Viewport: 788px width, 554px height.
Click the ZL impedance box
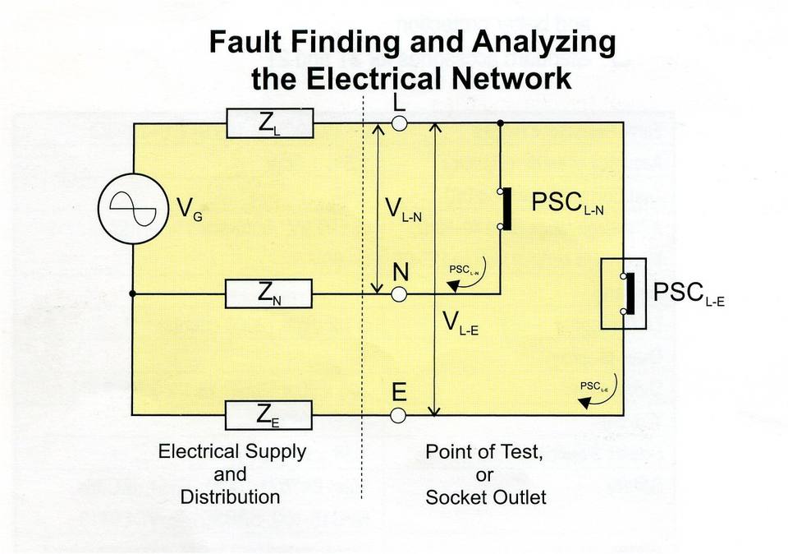coord(270,122)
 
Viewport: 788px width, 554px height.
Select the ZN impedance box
coord(269,293)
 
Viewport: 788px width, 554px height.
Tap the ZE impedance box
coord(268,415)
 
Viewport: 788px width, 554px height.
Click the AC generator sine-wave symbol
coord(133,209)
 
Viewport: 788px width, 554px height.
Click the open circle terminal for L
coord(399,123)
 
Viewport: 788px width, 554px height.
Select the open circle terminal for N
coord(399,294)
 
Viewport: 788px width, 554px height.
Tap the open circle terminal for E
coord(398,415)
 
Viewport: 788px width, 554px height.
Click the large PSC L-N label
coord(568,203)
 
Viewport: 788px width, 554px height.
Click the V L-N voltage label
coord(403,210)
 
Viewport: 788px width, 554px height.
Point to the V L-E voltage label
coord(460,322)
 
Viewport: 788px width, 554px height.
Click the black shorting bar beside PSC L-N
coord(507,209)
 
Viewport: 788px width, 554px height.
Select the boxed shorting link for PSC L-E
coord(624,293)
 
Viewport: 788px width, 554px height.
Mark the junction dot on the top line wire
coord(500,122)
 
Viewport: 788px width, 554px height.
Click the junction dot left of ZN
coord(133,293)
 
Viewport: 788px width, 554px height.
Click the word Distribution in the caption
coord(230,497)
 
